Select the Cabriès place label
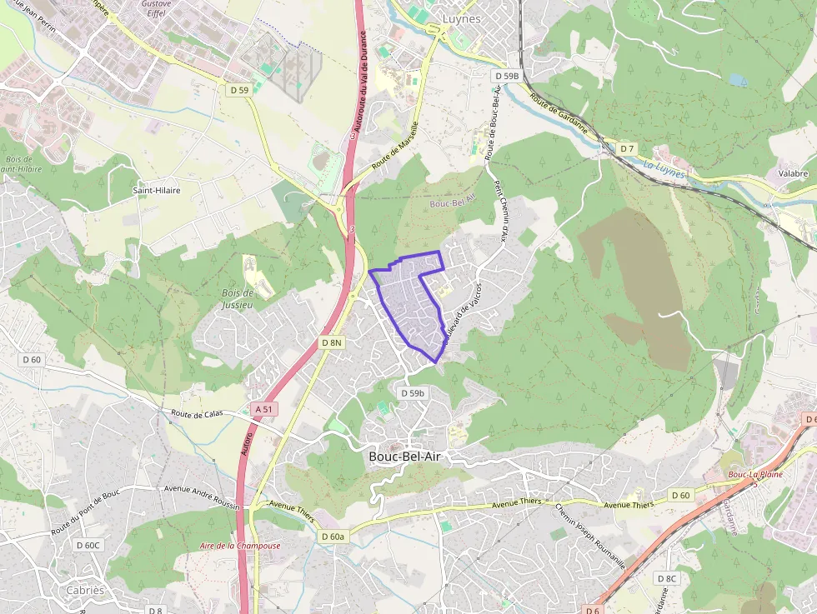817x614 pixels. pyautogui.click(x=85, y=590)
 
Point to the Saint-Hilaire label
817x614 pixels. pyautogui.click(x=157, y=190)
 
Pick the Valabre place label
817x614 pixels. pyautogui.click(x=792, y=173)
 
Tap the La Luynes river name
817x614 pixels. pyautogui.click(x=663, y=171)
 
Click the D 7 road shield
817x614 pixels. pyautogui.click(x=627, y=148)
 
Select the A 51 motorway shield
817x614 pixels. pyautogui.click(x=263, y=408)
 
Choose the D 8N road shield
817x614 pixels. pyautogui.click(x=332, y=342)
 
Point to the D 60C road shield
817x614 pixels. pyautogui.click(x=88, y=546)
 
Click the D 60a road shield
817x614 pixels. pyautogui.click(x=333, y=537)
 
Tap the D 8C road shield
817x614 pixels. pyautogui.click(x=666, y=578)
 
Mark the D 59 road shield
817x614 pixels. pyautogui.click(x=238, y=89)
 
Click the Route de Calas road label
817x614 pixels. pyautogui.click(x=198, y=412)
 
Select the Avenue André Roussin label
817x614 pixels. pyautogui.click(x=202, y=497)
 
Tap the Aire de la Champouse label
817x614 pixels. pyautogui.click(x=240, y=546)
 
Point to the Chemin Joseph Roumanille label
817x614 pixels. pyautogui.click(x=589, y=536)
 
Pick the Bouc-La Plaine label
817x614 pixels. pyautogui.click(x=752, y=475)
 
